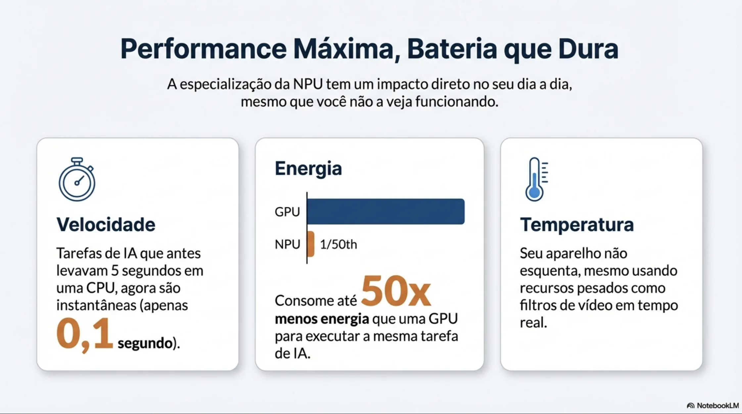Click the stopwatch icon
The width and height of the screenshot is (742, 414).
click(77, 180)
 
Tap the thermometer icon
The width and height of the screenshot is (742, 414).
click(536, 180)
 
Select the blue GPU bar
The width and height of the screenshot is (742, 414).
click(386, 212)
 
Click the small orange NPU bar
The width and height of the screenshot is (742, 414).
click(310, 244)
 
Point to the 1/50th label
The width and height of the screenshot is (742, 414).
click(338, 244)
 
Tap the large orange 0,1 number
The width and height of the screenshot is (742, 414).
click(85, 334)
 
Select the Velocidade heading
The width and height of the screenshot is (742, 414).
click(106, 225)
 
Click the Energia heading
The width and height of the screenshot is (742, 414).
click(308, 168)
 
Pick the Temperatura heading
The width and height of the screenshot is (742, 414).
click(577, 225)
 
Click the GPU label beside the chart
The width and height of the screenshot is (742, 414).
click(287, 212)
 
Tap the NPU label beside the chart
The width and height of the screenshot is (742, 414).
click(287, 244)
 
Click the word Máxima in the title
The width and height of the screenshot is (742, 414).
click(346, 49)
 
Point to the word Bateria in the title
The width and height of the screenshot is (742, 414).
click(452, 49)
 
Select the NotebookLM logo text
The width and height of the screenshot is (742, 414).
click(718, 405)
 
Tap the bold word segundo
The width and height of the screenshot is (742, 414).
click(145, 343)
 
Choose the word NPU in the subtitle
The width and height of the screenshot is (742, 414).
click(307, 84)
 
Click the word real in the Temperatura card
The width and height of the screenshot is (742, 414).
click(533, 322)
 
